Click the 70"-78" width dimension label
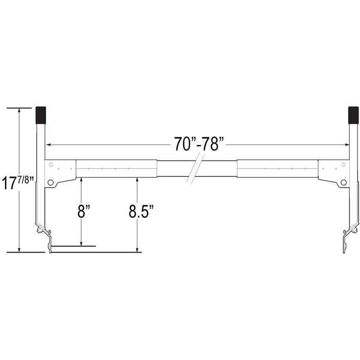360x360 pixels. coord(200,144)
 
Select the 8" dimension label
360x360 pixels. coord(81,211)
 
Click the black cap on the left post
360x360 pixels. coord(40,115)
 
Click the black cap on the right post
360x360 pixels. coord(353,115)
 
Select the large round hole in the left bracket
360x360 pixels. coord(50,182)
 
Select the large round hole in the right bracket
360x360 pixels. coord(344,182)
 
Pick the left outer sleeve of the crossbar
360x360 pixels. coord(116,168)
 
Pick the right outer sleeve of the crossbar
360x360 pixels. coord(278,168)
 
